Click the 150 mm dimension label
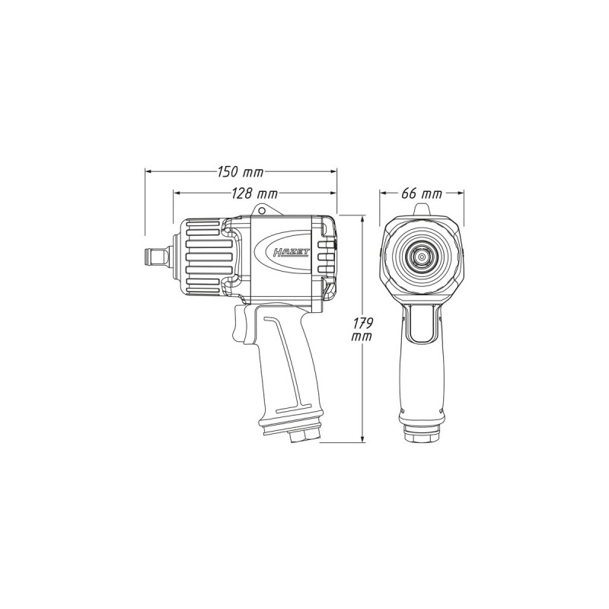point(240,172)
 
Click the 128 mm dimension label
point(254,193)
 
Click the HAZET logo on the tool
point(291,253)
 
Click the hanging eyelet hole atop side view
point(260,210)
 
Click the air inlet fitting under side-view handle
point(305,435)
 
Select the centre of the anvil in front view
point(422,257)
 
